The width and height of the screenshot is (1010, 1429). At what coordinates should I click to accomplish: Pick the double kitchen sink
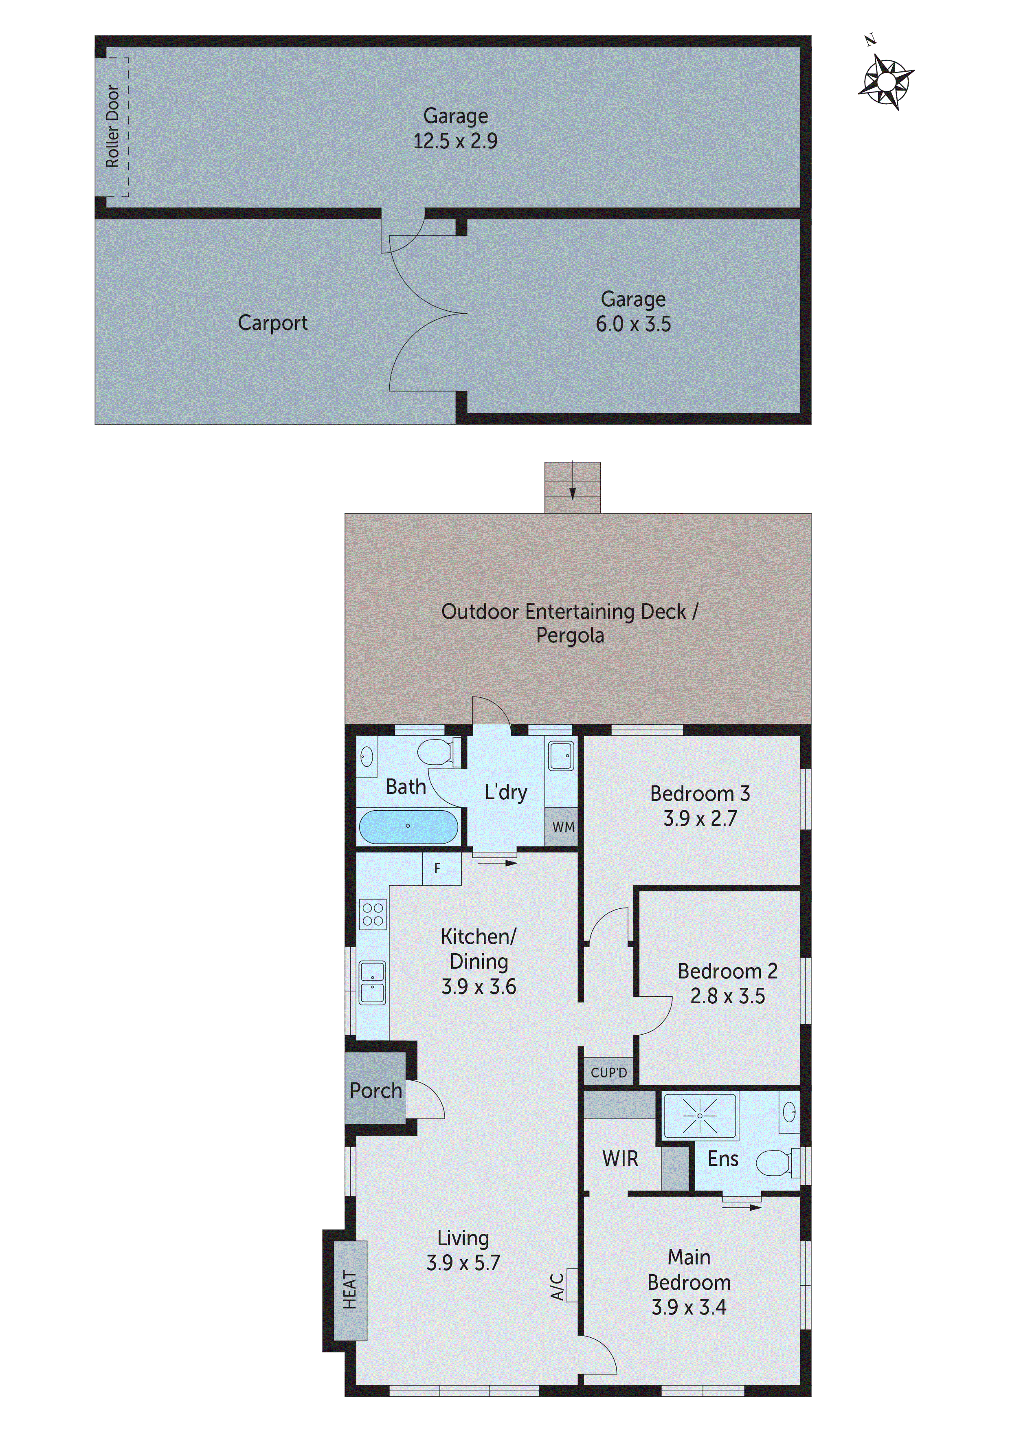[x=372, y=983]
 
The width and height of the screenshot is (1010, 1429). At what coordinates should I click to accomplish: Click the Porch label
[x=375, y=1090]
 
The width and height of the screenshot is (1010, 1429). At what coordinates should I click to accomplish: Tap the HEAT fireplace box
[x=350, y=1290]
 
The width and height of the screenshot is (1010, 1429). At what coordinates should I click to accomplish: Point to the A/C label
[x=557, y=1286]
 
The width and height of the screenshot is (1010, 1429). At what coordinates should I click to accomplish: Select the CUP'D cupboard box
[x=608, y=1073]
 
